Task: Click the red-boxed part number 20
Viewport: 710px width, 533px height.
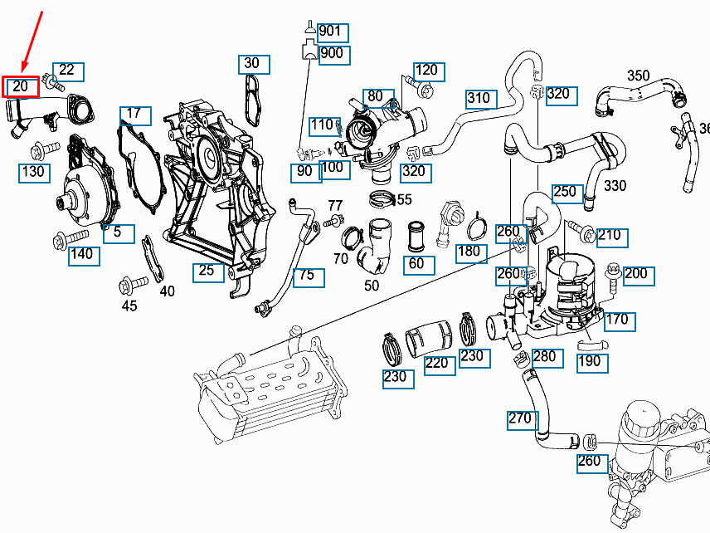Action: coord(21,86)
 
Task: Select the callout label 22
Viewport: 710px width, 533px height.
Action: coord(67,71)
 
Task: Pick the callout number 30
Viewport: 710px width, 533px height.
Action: coord(251,64)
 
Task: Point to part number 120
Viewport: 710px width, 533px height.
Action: coord(426,71)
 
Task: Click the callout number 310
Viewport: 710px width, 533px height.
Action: coord(478,99)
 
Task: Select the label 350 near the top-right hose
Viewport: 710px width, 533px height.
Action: coord(638,76)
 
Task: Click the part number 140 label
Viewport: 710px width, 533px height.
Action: coord(81,255)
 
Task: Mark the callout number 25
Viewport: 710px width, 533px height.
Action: coord(207,271)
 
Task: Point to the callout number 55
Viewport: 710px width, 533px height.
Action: coord(404,199)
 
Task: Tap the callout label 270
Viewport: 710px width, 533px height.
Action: coord(520,419)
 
